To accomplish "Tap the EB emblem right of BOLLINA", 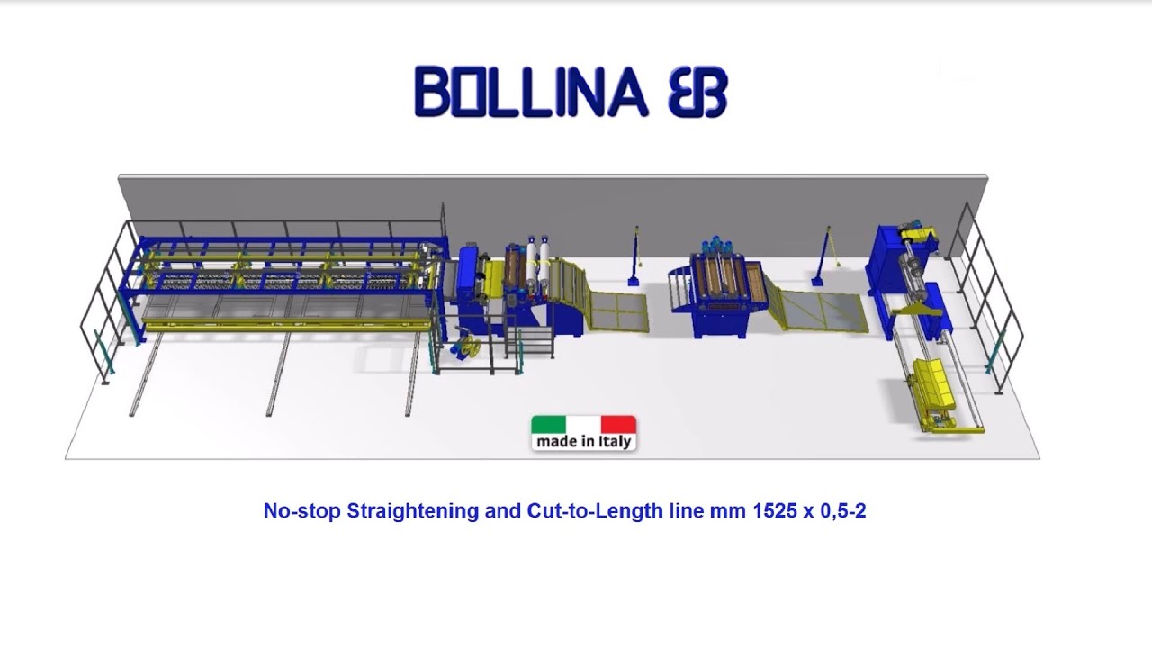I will tap(697, 93).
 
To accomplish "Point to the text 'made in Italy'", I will tap(583, 442).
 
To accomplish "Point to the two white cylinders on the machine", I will tap(537, 261).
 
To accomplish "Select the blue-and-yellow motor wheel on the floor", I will tap(467, 347).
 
